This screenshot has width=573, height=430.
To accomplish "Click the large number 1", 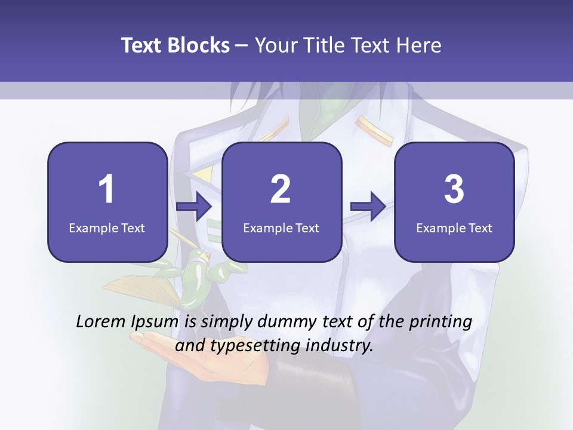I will tap(106, 189).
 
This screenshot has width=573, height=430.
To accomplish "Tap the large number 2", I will tap(281, 189).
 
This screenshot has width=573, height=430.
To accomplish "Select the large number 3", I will tap(454, 189).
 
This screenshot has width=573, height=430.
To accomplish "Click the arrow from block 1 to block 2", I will tap(195, 207).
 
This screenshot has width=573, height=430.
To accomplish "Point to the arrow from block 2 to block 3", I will tap(368, 207).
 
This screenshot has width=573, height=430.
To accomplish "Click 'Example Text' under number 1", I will tap(107, 228).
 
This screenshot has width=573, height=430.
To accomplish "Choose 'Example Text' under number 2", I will tap(281, 228).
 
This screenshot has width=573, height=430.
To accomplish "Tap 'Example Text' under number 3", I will tap(454, 228).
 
